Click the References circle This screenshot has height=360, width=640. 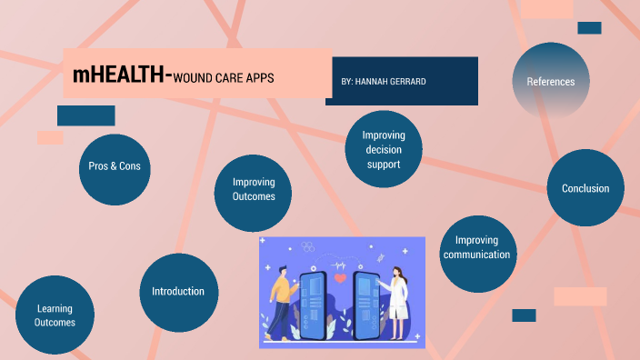[x=550, y=82]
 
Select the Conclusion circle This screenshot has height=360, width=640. [x=585, y=188]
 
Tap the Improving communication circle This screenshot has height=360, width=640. [x=477, y=247]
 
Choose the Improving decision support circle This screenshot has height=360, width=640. [x=384, y=150]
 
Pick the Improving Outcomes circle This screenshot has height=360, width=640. [x=254, y=189]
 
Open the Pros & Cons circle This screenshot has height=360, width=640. [x=115, y=167]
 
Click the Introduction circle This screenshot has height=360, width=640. [x=178, y=291]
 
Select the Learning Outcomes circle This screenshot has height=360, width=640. [x=55, y=315]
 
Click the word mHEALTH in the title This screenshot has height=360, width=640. [x=118, y=75]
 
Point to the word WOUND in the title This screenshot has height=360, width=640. [x=195, y=78]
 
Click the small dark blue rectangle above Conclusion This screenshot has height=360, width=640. [x=589, y=28]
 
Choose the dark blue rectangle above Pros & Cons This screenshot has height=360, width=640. [x=85, y=115]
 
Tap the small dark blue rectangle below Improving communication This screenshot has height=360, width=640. [x=524, y=315]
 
